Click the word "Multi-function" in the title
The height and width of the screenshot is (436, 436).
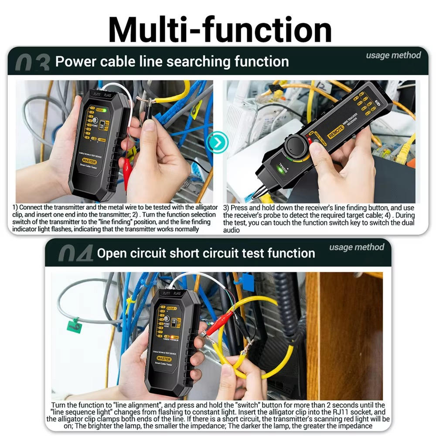point(220,29)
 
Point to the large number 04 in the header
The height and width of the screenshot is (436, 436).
point(75,253)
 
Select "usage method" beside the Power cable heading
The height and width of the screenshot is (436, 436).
point(393,55)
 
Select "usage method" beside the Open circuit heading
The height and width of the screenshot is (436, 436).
point(357,247)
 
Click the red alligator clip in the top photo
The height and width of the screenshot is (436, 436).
point(127,172)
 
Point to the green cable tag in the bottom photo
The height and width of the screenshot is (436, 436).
point(74,325)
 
